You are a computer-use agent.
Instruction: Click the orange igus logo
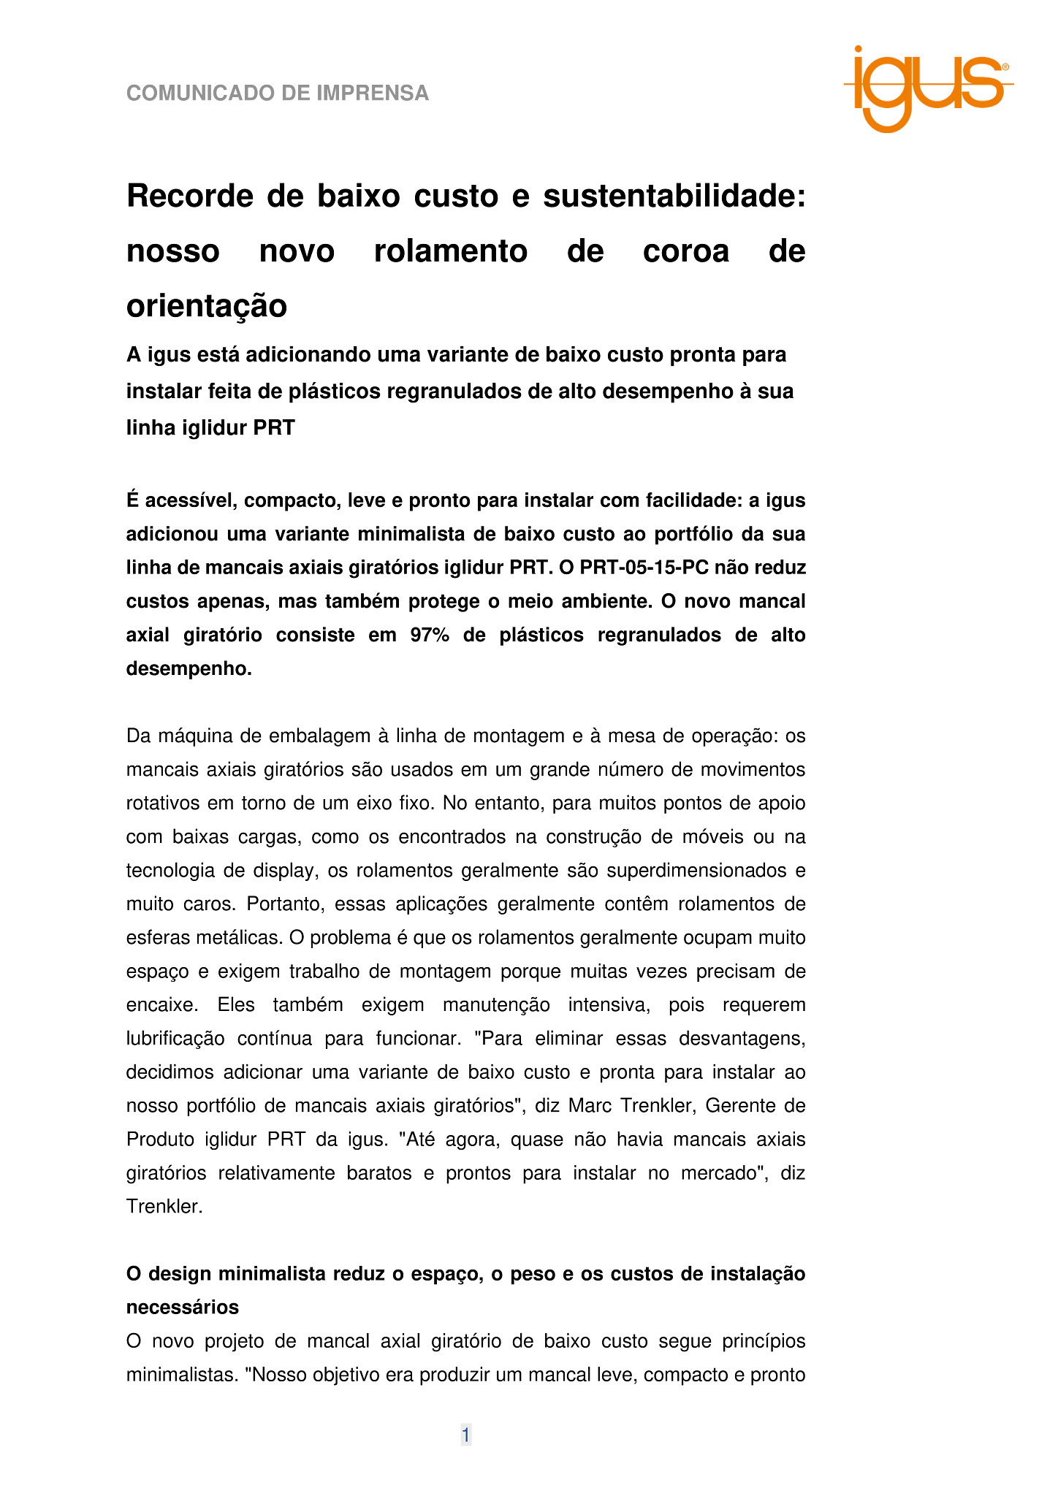pos(927,88)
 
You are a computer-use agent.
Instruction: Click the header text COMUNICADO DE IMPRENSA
pos(278,93)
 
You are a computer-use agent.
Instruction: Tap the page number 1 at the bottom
pos(465,1435)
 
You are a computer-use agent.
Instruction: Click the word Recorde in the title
pos(191,196)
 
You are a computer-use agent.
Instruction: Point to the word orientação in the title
pos(207,305)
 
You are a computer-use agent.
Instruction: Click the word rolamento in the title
pos(450,251)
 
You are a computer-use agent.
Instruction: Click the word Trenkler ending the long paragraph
pos(164,1207)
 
